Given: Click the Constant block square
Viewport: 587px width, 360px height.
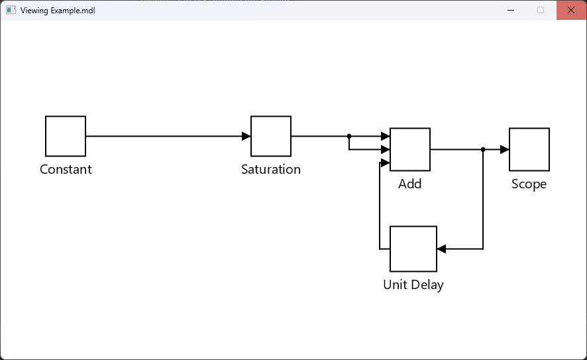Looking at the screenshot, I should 66,137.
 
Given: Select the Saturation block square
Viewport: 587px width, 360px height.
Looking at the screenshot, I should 271,137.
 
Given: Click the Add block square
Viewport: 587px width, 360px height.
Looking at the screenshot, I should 410,150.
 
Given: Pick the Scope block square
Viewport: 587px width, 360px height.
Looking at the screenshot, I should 529,150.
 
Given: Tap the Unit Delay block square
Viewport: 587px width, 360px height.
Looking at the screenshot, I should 413,249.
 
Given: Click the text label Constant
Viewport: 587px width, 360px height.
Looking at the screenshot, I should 66,169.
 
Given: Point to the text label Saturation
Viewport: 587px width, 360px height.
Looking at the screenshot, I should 271,169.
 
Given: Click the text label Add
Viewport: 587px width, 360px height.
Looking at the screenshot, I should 410,184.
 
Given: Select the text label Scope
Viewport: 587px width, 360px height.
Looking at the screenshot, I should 529,184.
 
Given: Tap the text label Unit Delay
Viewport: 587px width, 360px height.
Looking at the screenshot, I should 413,284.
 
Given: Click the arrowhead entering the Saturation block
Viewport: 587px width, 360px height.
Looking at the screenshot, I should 246,137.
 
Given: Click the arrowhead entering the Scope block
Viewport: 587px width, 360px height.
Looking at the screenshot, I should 505,150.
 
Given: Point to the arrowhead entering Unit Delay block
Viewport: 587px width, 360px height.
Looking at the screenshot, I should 441,249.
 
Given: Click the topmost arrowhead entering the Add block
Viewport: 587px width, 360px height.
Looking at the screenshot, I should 386,136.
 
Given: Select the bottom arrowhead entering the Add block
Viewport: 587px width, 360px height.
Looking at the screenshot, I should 386,162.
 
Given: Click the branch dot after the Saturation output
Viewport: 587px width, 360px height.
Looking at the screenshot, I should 349,136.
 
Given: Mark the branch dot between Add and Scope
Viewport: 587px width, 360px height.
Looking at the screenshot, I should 483,150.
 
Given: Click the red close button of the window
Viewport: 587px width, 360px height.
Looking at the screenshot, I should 571,10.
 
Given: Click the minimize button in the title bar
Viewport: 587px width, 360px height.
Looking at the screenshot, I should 511,10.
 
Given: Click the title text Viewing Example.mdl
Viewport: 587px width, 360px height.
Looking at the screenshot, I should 58,11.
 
